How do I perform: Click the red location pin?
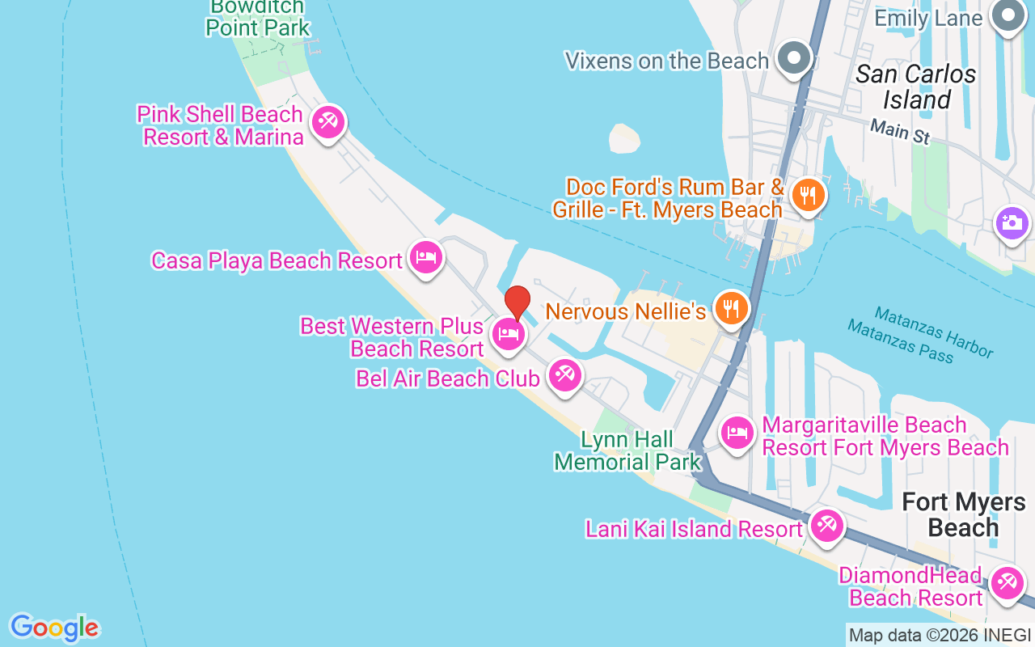(517, 302)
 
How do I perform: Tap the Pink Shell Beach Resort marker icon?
(327, 123)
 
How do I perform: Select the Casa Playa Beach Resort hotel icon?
(425, 258)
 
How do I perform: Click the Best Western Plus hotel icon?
(508, 333)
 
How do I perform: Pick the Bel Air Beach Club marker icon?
(564, 375)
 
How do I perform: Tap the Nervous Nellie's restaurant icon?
(731, 308)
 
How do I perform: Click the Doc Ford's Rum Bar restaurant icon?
(807, 195)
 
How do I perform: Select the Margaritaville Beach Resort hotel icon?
(737, 433)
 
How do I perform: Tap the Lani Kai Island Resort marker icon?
(826, 526)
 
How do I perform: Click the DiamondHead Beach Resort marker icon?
(1007, 582)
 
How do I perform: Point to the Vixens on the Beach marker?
(794, 58)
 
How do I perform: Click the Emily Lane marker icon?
(1008, 16)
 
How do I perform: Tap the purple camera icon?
(1012, 222)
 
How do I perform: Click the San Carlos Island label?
(916, 87)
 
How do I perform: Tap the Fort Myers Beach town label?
(963, 514)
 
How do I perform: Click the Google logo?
(54, 628)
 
